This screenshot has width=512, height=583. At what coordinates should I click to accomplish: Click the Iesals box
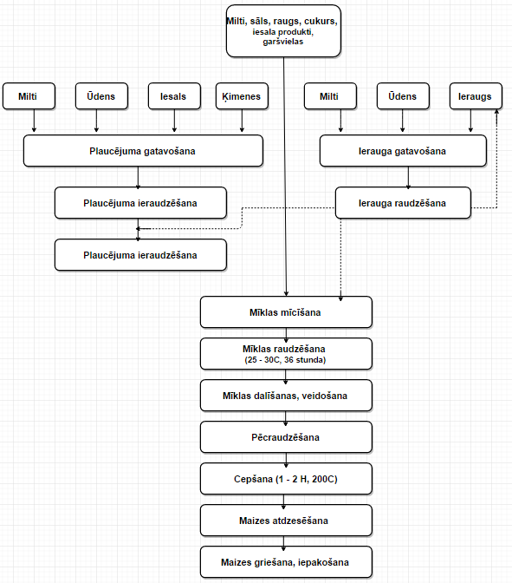[174, 96]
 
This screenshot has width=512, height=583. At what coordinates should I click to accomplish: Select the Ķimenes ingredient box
[242, 96]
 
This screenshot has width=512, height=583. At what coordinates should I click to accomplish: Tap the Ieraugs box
[476, 96]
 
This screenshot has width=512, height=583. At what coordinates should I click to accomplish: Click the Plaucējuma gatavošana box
[143, 151]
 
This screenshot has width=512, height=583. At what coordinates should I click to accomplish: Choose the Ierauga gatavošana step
[403, 151]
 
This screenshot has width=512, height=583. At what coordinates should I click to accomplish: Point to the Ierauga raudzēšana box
[403, 203]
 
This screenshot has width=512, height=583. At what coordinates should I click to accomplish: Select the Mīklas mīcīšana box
[286, 312]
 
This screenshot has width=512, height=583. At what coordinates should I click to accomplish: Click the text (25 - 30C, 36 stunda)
[285, 360]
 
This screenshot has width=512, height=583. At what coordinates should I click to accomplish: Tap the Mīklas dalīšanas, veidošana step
[286, 396]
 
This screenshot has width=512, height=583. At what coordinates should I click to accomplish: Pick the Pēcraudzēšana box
[286, 437]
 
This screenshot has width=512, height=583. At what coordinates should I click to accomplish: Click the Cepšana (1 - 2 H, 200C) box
[286, 479]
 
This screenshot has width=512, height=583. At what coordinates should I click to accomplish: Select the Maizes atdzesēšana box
[286, 521]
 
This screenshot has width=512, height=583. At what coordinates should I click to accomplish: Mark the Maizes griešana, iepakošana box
[286, 562]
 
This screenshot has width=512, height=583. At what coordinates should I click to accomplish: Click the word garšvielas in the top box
[283, 42]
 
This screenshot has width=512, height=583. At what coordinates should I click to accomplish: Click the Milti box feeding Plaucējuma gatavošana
[29, 96]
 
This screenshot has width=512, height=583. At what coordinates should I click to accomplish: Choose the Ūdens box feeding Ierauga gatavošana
[403, 96]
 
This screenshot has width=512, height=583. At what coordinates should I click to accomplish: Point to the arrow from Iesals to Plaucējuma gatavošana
[174, 121]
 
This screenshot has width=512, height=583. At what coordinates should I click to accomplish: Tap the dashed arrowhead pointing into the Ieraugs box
[496, 112]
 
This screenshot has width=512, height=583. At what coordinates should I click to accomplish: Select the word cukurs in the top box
[321, 21]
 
